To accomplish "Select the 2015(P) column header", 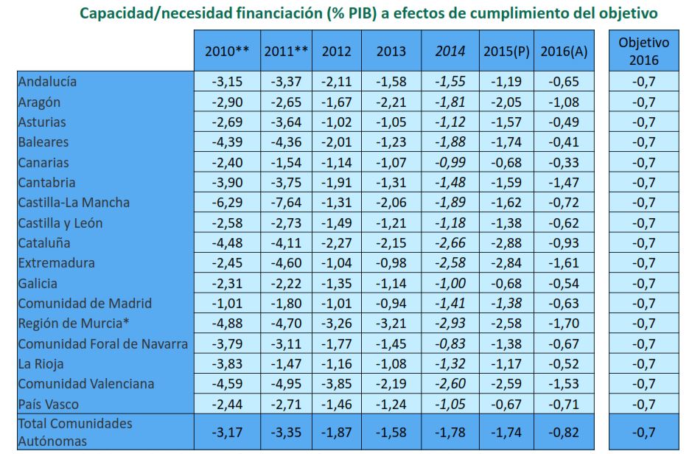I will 506,52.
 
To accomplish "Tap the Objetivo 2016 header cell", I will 643,51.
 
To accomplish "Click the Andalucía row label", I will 48,82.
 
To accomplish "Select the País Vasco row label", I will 49,404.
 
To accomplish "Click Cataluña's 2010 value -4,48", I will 226,243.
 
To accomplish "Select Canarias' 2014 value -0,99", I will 450,162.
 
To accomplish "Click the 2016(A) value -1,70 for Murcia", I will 564,324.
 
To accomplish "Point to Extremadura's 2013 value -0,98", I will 391,263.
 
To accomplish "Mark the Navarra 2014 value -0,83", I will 450,343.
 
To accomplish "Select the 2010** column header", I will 227,52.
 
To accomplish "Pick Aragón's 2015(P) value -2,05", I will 506,102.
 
